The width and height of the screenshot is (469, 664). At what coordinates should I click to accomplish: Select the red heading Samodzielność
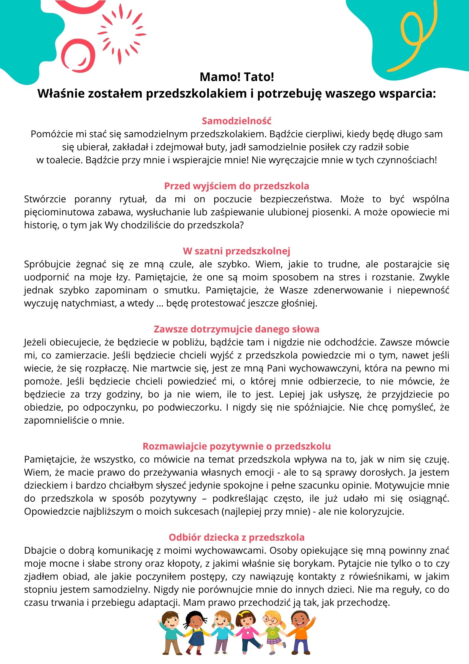pyautogui.click(x=236, y=121)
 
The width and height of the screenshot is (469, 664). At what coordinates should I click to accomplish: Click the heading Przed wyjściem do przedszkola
pyautogui.click(x=236, y=186)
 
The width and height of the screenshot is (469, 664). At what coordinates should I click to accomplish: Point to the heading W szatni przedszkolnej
pyautogui.click(x=236, y=251)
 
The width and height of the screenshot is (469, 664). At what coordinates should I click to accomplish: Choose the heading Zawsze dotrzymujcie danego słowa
pyautogui.click(x=236, y=329)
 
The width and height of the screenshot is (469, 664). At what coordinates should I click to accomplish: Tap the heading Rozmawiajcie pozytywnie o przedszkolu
pyautogui.click(x=236, y=446)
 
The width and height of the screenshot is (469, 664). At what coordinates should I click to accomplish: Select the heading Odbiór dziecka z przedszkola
pyautogui.click(x=236, y=537)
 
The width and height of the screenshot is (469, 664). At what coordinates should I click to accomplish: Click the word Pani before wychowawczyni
pyautogui.click(x=277, y=368)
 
